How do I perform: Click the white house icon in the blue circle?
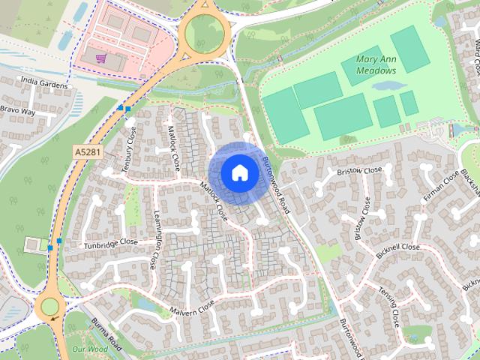point(238,172)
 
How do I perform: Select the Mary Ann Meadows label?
point(367,65)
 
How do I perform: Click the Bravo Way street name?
point(18,111)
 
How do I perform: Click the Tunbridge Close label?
point(111,244)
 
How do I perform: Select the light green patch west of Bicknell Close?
point(328,253)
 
